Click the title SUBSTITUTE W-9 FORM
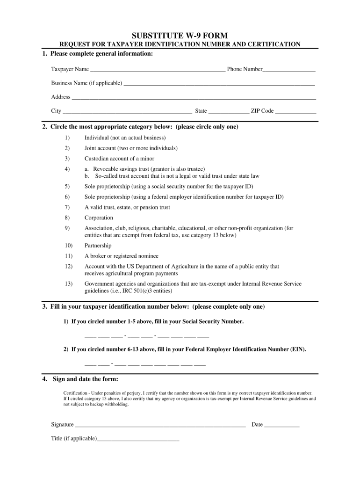click(x=180, y=36)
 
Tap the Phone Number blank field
click(x=289, y=70)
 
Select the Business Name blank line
click(x=218, y=84)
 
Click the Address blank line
click(x=194, y=98)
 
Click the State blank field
click(x=229, y=112)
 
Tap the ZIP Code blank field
click(x=295, y=112)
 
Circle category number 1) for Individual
click(x=67, y=138)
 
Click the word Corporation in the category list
click(x=99, y=218)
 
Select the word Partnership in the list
click(x=98, y=246)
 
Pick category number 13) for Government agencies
click(x=69, y=284)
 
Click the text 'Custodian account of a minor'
click(x=119, y=159)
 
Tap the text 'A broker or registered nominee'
click(x=122, y=256)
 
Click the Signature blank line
click(x=160, y=426)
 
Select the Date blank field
click(x=281, y=426)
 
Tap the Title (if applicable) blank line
click(x=138, y=440)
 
